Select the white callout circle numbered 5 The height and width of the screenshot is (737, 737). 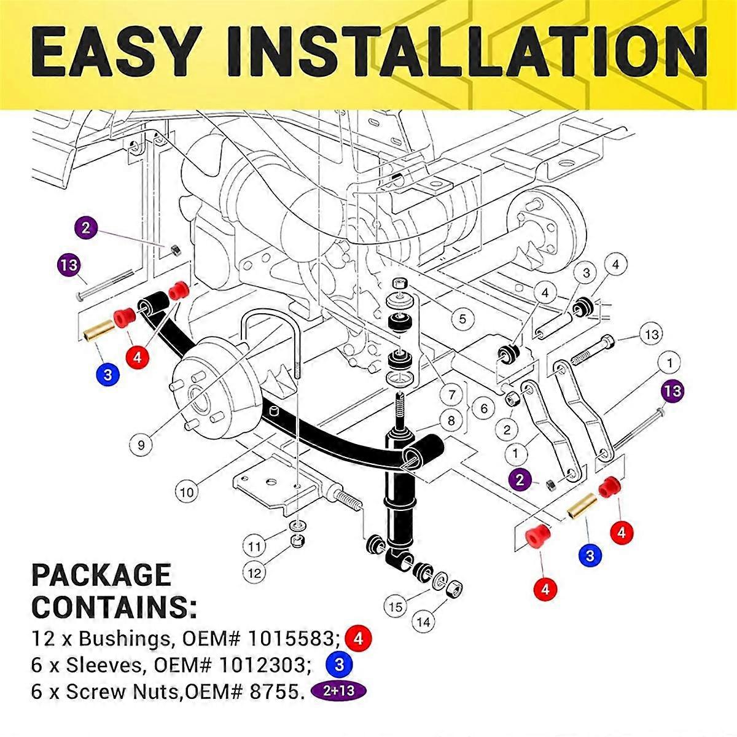(x=462, y=318)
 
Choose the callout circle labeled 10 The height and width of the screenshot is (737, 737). (x=187, y=492)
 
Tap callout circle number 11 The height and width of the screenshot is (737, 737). (x=254, y=545)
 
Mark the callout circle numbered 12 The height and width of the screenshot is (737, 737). (x=254, y=574)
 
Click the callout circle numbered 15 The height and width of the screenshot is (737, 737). (x=396, y=607)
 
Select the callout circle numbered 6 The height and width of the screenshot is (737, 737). (x=483, y=408)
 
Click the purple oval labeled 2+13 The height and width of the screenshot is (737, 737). (x=340, y=691)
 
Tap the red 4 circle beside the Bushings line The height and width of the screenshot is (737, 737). (x=359, y=639)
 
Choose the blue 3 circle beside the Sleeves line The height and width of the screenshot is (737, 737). (x=338, y=665)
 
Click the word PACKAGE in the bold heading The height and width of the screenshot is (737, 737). (x=101, y=575)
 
